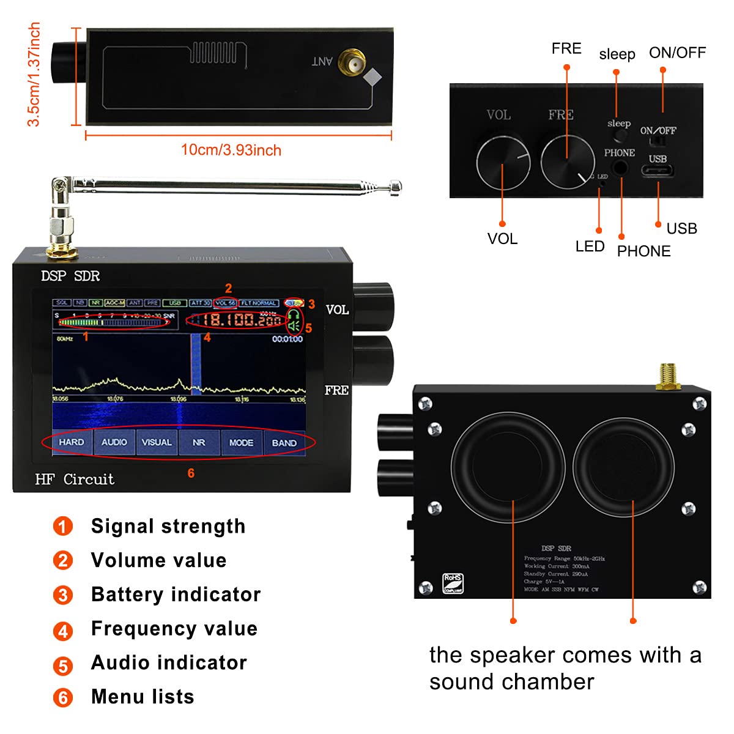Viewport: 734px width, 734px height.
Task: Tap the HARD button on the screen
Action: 72,442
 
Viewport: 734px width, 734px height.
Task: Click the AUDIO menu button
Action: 114,442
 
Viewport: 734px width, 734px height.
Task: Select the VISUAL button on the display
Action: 157,442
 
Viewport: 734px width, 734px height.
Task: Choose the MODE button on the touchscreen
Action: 241,442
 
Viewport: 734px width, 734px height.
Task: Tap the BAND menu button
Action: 284,442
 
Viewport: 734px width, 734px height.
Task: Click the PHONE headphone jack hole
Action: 621,168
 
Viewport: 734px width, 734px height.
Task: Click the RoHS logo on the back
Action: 453,583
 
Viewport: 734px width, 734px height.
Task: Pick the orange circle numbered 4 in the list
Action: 63,630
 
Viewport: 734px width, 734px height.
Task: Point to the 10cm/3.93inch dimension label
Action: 231,150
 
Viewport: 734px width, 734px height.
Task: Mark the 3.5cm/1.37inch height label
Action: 34,75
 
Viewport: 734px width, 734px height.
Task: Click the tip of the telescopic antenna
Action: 396,185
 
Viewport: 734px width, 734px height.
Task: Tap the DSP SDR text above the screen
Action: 70,276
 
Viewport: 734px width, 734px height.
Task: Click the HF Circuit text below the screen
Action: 75,480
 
